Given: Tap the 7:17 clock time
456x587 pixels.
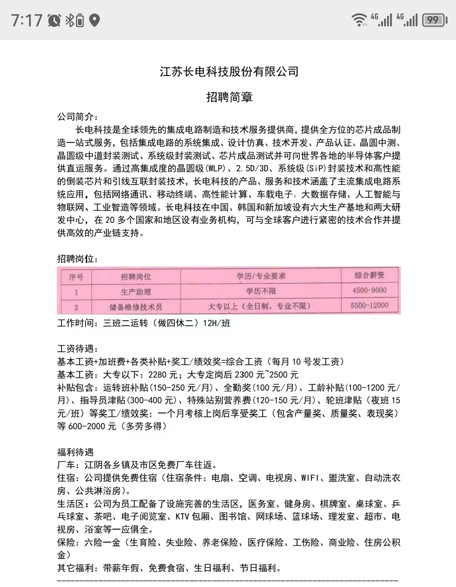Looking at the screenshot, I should tap(27, 20).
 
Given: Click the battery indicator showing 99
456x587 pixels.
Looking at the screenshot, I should tap(434, 20).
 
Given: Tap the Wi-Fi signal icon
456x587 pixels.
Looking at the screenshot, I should tap(359, 20).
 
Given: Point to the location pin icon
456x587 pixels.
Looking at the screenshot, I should tap(94, 20).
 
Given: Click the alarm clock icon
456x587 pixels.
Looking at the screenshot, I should tap(54, 20).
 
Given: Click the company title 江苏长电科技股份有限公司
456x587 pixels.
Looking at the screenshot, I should tap(229, 72).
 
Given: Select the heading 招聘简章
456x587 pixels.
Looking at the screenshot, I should tap(229, 97).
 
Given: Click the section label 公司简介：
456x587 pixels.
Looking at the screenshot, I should tap(77, 117).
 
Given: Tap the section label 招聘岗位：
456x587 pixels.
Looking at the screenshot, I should tap(77, 259).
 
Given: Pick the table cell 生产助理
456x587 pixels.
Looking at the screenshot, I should tap(136, 292).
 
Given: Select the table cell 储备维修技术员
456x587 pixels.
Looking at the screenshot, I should tap(136, 307).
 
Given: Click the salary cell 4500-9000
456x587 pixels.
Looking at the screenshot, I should tap(369, 290).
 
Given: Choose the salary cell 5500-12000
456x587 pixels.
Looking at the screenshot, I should tap(369, 305).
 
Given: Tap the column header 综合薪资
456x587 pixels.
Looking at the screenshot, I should tap(369, 275).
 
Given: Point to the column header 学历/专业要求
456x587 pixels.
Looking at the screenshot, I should tap(261, 276).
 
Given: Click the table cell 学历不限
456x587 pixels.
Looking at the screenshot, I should tap(261, 291).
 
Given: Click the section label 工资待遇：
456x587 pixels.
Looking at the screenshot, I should tap(77, 349).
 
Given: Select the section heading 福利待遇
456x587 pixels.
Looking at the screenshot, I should tap(75, 452).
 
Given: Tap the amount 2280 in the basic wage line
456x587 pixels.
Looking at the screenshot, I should tap(157, 375).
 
